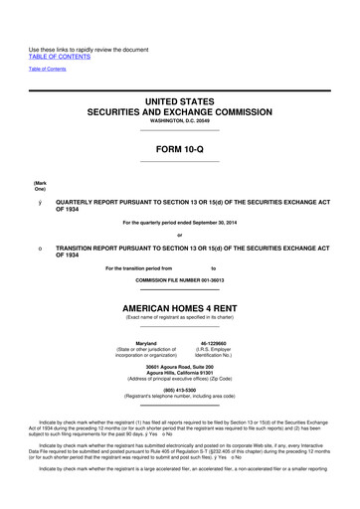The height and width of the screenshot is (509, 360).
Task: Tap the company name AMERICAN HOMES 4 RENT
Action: click(179, 307)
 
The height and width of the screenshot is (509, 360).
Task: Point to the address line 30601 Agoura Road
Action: click(180, 366)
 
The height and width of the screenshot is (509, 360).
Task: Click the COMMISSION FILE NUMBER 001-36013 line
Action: click(179, 281)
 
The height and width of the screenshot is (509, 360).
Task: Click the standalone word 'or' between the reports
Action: click(179, 235)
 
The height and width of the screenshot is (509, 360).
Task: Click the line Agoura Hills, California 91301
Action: click(180, 373)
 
